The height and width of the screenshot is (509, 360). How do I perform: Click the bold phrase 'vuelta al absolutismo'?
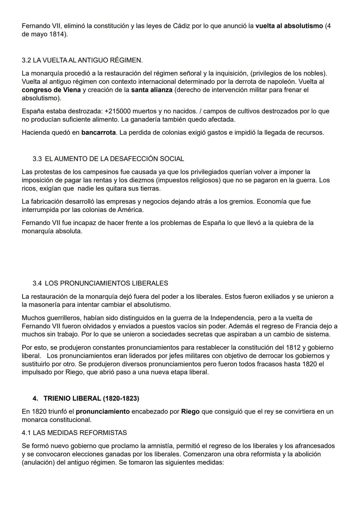click(289, 26)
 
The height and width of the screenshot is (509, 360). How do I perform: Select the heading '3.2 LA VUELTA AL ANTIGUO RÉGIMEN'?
click(82, 60)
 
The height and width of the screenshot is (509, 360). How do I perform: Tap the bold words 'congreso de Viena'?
click(51, 90)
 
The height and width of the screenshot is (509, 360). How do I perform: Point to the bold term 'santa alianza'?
click(152, 90)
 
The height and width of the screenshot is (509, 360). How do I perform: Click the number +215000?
click(120, 111)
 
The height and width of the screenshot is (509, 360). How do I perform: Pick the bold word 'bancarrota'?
click(98, 133)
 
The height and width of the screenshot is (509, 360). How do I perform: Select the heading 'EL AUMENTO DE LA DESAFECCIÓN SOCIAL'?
click(114, 159)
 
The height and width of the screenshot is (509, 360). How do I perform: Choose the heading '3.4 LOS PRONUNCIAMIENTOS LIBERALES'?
click(100, 283)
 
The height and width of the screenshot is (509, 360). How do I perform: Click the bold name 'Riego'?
click(190, 412)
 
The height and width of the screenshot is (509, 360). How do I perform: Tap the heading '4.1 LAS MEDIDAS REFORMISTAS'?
click(74, 433)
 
